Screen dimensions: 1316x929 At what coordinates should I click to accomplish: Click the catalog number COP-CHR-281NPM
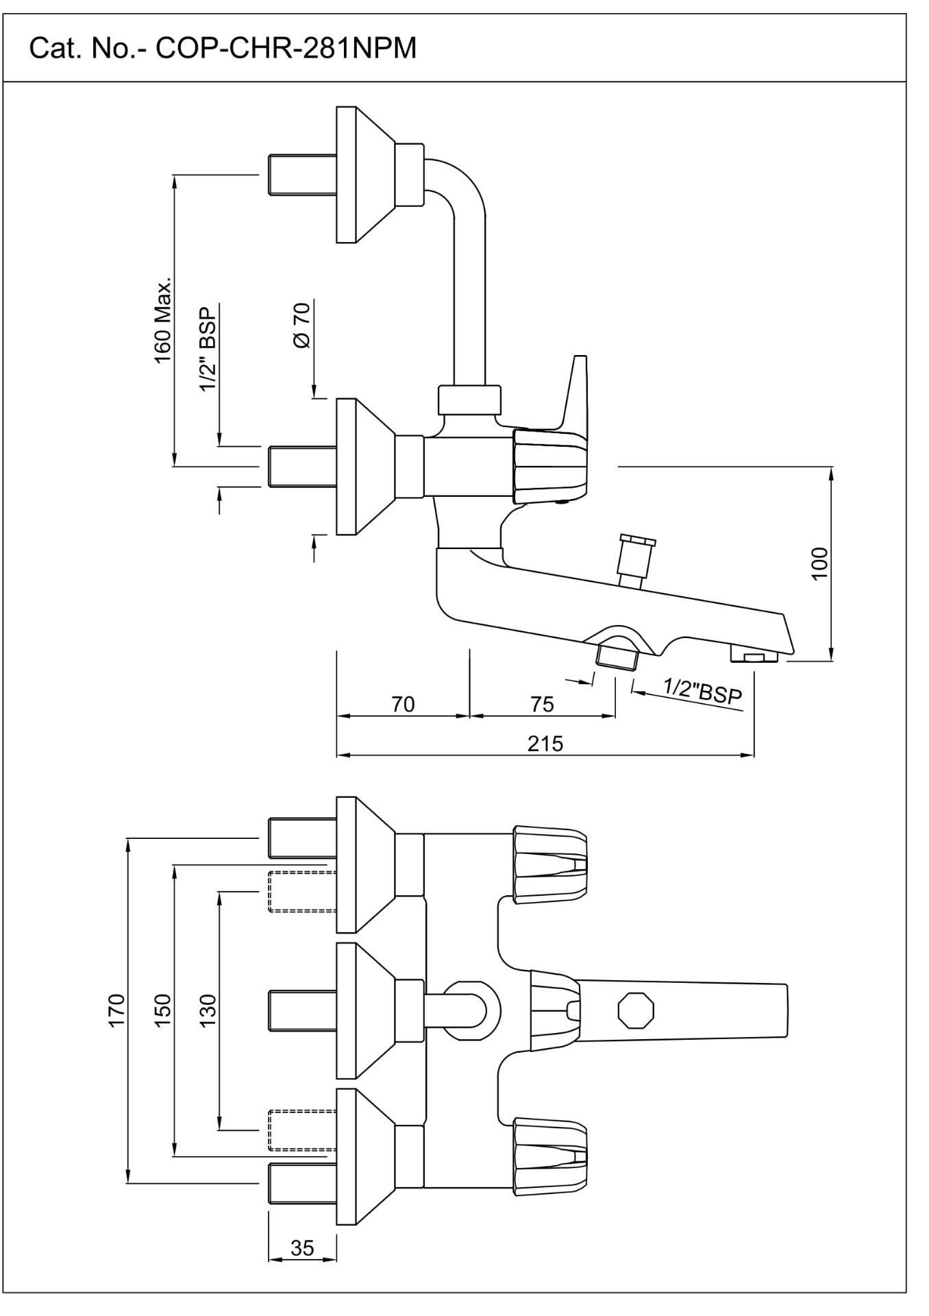click(x=223, y=49)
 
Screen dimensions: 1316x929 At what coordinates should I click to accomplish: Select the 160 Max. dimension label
click(x=163, y=321)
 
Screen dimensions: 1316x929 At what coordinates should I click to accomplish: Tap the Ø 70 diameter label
click(x=302, y=325)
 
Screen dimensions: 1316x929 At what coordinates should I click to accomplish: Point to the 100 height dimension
click(x=819, y=563)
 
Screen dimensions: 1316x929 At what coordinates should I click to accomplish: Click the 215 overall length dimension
click(x=545, y=743)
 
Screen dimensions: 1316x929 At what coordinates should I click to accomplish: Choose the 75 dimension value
click(x=542, y=705)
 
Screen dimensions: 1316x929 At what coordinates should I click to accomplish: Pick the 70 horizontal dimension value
click(x=403, y=705)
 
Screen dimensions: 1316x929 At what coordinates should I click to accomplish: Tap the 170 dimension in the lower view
click(x=117, y=1010)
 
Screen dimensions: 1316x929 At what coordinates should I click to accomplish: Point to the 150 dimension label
click(x=162, y=1010)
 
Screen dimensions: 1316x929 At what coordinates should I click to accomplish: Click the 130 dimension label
click(x=207, y=1010)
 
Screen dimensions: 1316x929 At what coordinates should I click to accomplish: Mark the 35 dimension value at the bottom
click(x=302, y=1247)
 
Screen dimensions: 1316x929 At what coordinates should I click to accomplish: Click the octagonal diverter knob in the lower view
click(x=636, y=1010)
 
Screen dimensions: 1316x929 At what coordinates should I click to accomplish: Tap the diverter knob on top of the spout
click(x=635, y=561)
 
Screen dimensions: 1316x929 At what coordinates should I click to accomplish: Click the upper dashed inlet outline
click(x=301, y=891)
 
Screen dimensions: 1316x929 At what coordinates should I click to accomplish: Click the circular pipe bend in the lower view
click(x=473, y=1010)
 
